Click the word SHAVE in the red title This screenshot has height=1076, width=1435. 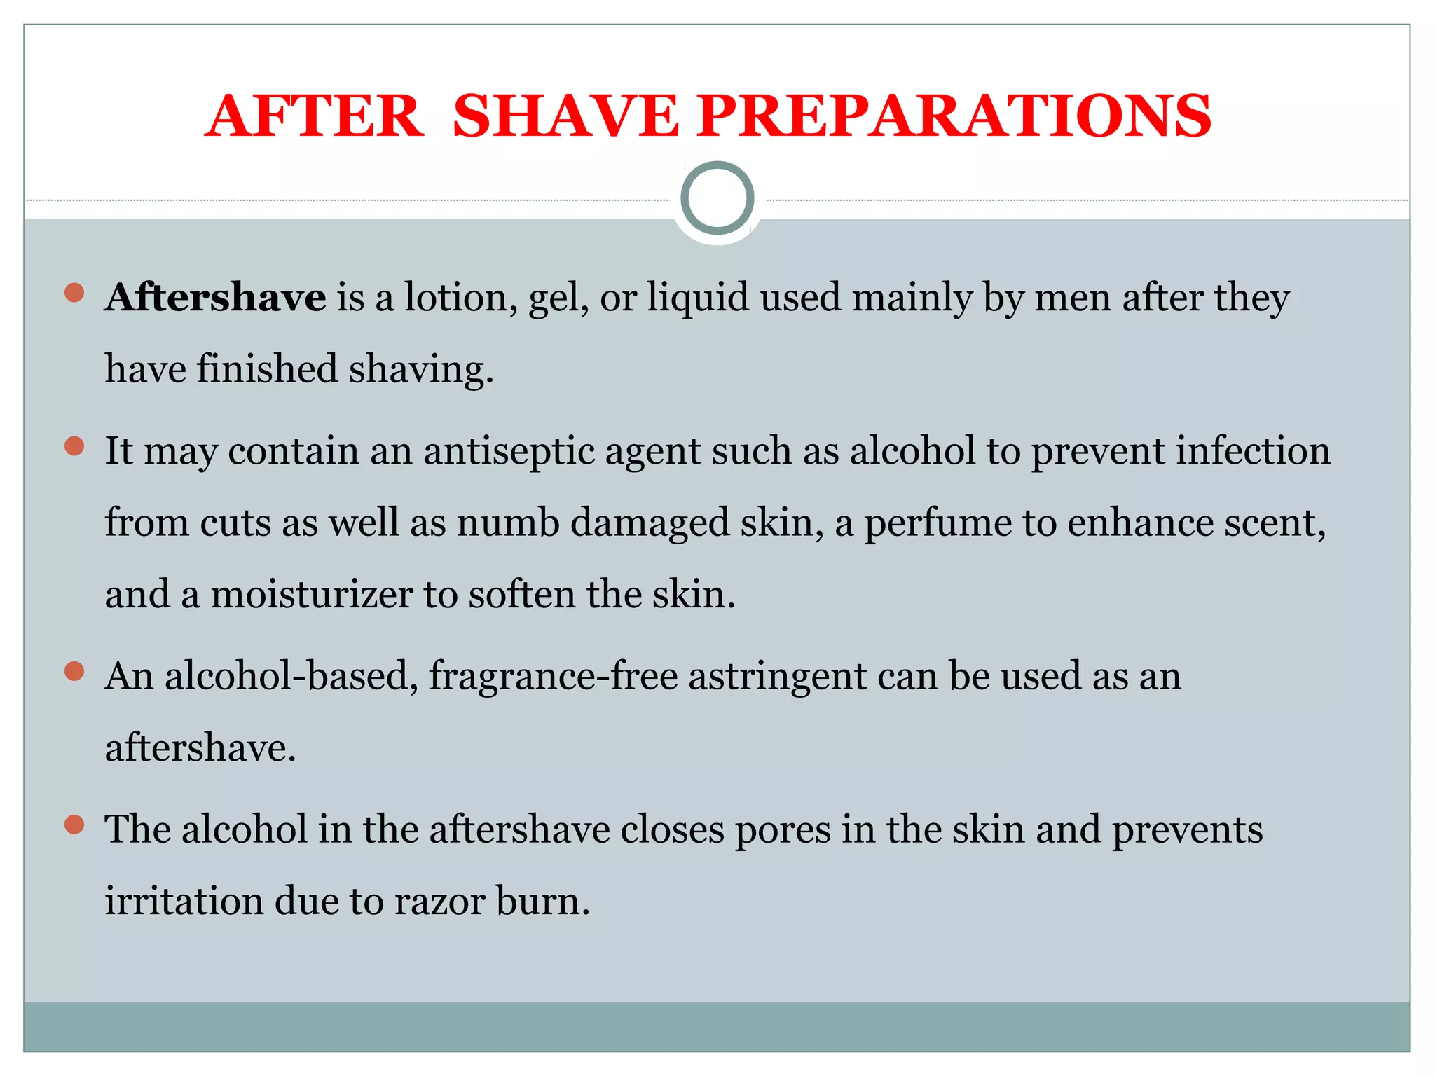point(565,116)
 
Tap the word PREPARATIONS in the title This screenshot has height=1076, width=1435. point(954,116)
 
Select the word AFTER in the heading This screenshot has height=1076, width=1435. point(315,116)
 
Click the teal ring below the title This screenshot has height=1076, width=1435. point(717,198)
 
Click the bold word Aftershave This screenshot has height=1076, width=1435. point(215,297)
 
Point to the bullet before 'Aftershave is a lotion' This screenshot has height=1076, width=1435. point(74,292)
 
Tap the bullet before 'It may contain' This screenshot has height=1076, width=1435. point(74,446)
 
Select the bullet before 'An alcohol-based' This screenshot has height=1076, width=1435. point(74,671)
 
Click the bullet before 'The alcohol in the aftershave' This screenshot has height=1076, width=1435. point(74,825)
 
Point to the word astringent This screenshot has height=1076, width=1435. point(777,677)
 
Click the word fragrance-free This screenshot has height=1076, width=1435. point(553,677)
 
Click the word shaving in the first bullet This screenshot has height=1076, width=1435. point(420,370)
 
